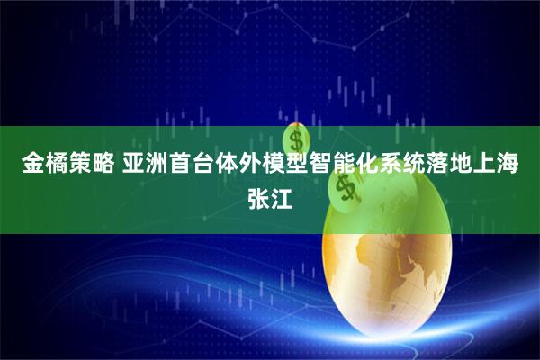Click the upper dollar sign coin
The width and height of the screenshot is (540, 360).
tap(296, 139)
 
